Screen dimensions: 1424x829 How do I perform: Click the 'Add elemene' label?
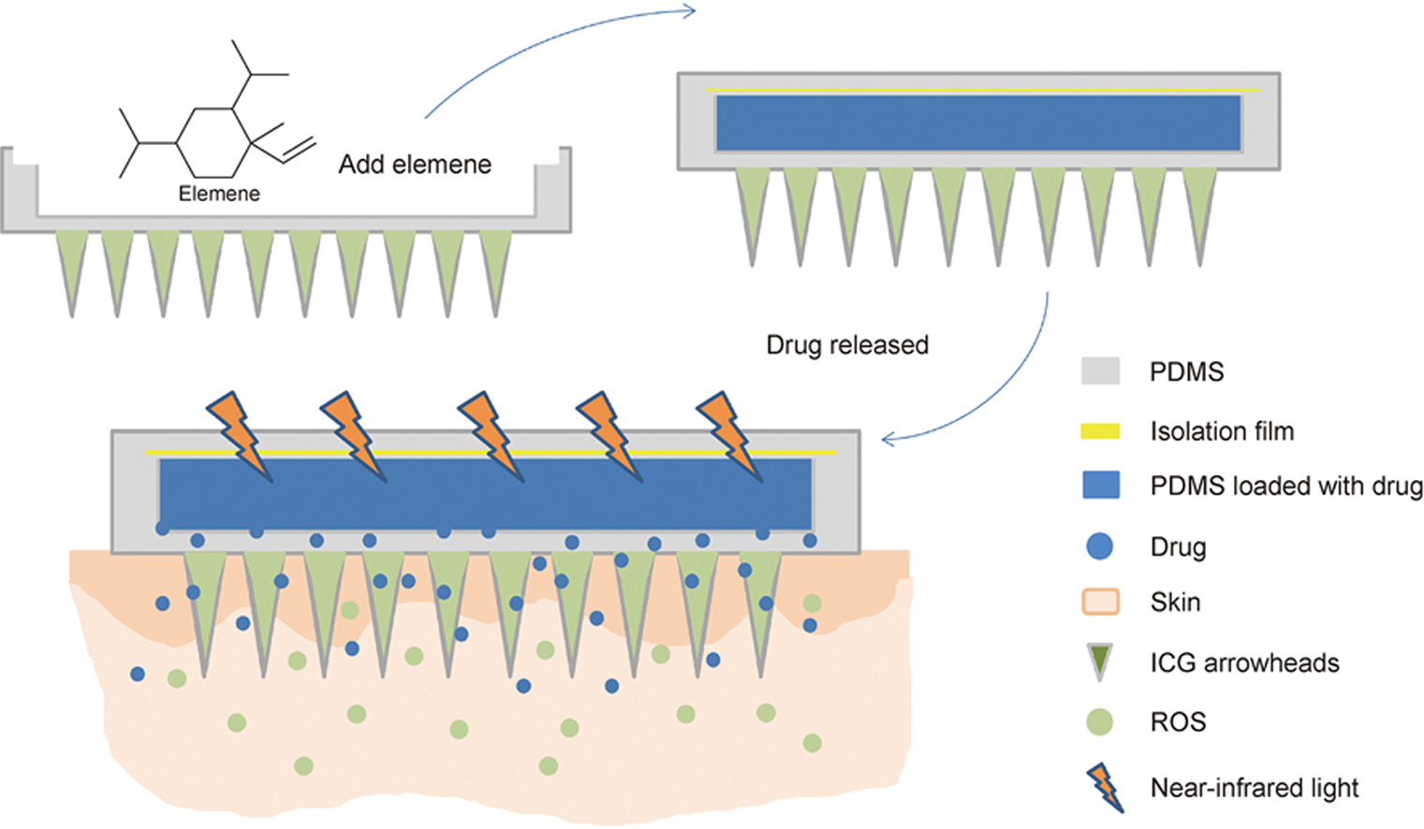[415, 164]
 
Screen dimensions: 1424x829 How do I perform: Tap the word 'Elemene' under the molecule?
[219, 193]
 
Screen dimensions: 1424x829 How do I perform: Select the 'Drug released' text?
[847, 345]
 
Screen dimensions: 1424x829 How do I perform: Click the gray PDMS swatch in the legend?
[1100, 371]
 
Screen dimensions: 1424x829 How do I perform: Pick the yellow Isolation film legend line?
[1100, 431]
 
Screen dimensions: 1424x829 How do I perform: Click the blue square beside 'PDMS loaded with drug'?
[1101, 486]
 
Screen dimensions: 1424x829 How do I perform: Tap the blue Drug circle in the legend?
[1100, 546]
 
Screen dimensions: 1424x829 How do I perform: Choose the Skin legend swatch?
[1100, 602]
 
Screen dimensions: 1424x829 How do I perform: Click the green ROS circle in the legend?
[1100, 722]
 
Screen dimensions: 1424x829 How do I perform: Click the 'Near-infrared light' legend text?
[1255, 788]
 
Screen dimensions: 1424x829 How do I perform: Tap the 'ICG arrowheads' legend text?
[1245, 662]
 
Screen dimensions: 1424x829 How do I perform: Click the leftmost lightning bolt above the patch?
[240, 436]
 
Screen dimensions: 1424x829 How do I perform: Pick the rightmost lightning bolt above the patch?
[729, 436]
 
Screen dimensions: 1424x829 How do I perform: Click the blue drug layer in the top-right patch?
[978, 124]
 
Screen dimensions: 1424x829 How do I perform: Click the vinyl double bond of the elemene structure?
[298, 151]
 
